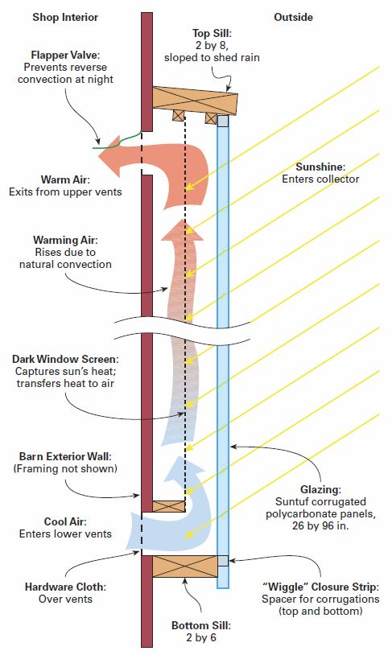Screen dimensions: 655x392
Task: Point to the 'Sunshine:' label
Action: tap(320, 167)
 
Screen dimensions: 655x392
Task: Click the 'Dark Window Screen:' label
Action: tap(65, 359)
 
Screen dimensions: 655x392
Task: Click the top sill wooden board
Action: tap(195, 101)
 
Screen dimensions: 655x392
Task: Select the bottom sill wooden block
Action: tap(184, 566)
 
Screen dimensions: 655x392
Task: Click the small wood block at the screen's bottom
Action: tap(168, 506)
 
